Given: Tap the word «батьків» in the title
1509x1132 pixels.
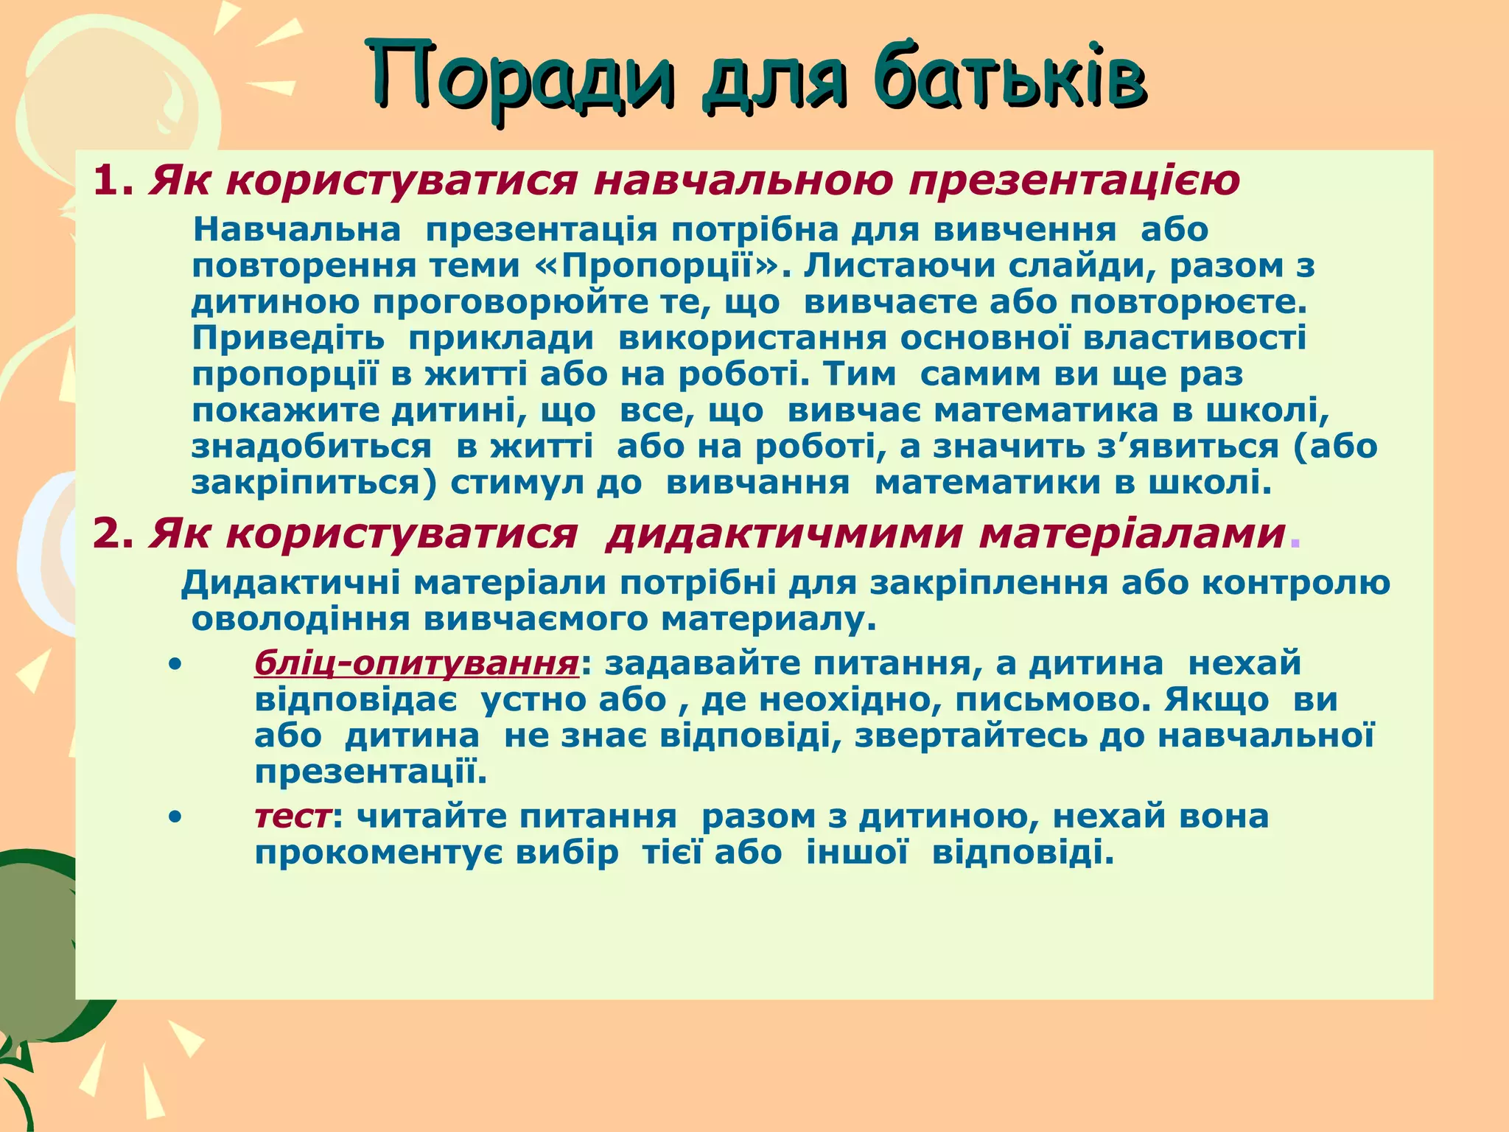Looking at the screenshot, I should pyautogui.click(x=1009, y=77).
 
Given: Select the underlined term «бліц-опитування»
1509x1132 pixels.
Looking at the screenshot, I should pyautogui.click(x=416, y=664).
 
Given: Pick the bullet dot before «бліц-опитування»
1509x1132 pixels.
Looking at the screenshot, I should pyautogui.click(x=175, y=665).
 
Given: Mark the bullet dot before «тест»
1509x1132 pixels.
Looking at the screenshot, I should pyautogui.click(x=175, y=817).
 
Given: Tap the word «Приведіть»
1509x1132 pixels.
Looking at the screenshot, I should pyautogui.click(x=288, y=338).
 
